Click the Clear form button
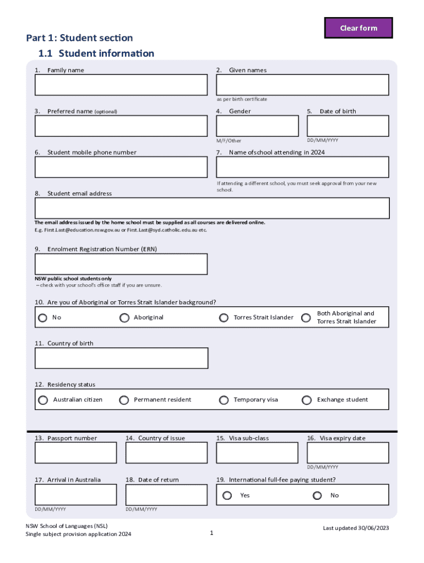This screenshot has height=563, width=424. [x=358, y=28]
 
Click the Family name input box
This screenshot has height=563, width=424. [x=121, y=85]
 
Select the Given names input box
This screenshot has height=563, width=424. [x=302, y=85]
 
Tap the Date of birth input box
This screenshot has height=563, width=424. [x=348, y=126]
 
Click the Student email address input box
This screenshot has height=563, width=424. [x=212, y=208]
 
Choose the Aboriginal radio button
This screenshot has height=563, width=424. [x=124, y=318]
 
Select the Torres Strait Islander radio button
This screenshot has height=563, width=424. [x=224, y=318]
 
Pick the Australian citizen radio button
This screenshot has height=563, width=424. [x=43, y=400]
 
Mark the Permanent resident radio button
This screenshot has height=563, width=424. [x=124, y=400]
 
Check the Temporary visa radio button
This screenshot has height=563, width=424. [x=224, y=400]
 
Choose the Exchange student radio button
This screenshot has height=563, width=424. [x=307, y=400]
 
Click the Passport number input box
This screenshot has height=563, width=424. [x=76, y=453]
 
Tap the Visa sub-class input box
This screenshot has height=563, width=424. [x=257, y=453]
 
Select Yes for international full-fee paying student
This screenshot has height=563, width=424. [x=227, y=495]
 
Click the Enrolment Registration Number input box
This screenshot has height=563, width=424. [x=121, y=264]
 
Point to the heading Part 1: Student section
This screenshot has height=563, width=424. [x=79, y=38]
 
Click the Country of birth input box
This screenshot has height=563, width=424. [x=121, y=358]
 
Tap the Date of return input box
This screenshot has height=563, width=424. [x=166, y=495]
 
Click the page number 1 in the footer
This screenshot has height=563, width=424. [x=211, y=533]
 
